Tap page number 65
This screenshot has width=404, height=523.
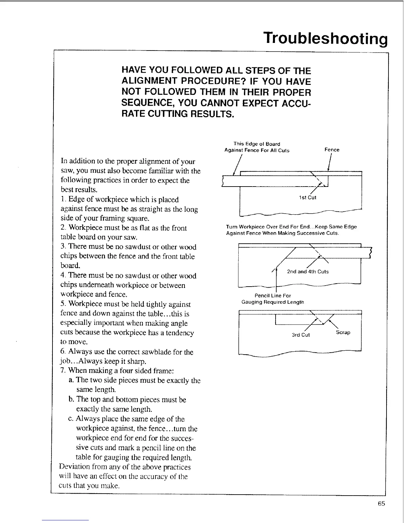tap(382, 504)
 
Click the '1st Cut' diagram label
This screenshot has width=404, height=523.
tap(307, 197)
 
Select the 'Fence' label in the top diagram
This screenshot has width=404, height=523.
tap(332, 150)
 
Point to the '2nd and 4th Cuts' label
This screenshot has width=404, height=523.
tap(308, 271)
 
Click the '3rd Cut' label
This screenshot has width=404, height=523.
tap(301, 335)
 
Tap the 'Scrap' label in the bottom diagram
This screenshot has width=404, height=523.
tap(343, 332)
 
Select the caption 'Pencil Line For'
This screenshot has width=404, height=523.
tap(273, 296)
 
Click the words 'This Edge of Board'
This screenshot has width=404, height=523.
tap(256, 144)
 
